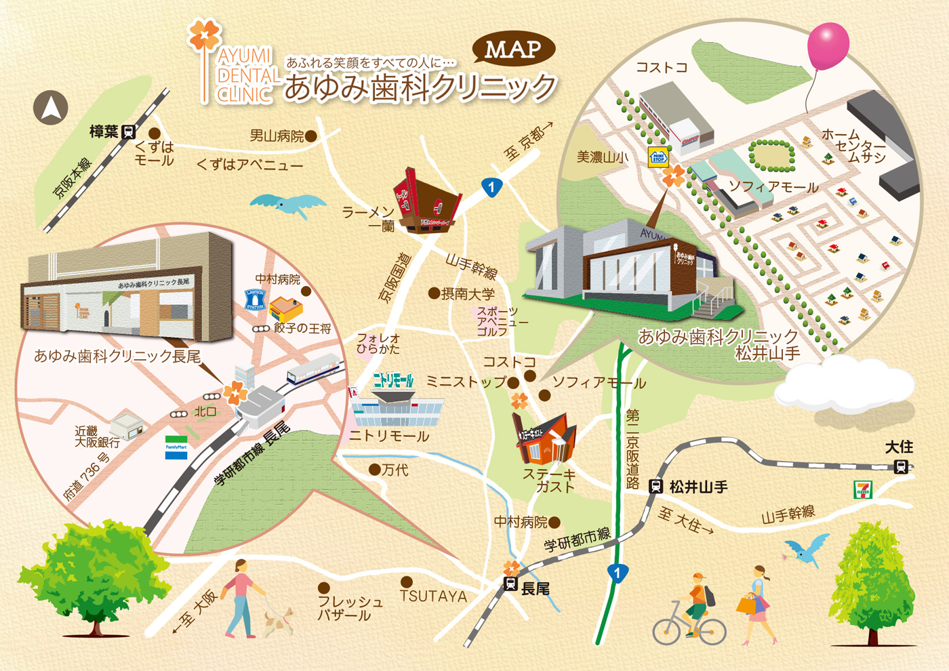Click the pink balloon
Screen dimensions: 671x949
coord(828,46)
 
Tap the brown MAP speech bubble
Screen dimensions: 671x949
coord(514,49)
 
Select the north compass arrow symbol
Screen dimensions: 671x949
coord(51,108)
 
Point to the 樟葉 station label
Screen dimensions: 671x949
coord(104,131)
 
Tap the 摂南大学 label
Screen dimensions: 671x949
coord(468,294)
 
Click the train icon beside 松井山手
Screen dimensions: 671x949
coord(655,486)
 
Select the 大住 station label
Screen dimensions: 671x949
coord(899,447)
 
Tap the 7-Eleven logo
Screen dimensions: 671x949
coord(863,489)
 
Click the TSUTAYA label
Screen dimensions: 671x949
coord(433,596)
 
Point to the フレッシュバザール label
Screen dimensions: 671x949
coord(350,608)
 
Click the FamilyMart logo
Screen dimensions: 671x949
coord(176,448)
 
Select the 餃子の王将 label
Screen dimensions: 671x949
coord(302,329)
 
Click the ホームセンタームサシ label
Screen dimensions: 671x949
coord(853,146)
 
